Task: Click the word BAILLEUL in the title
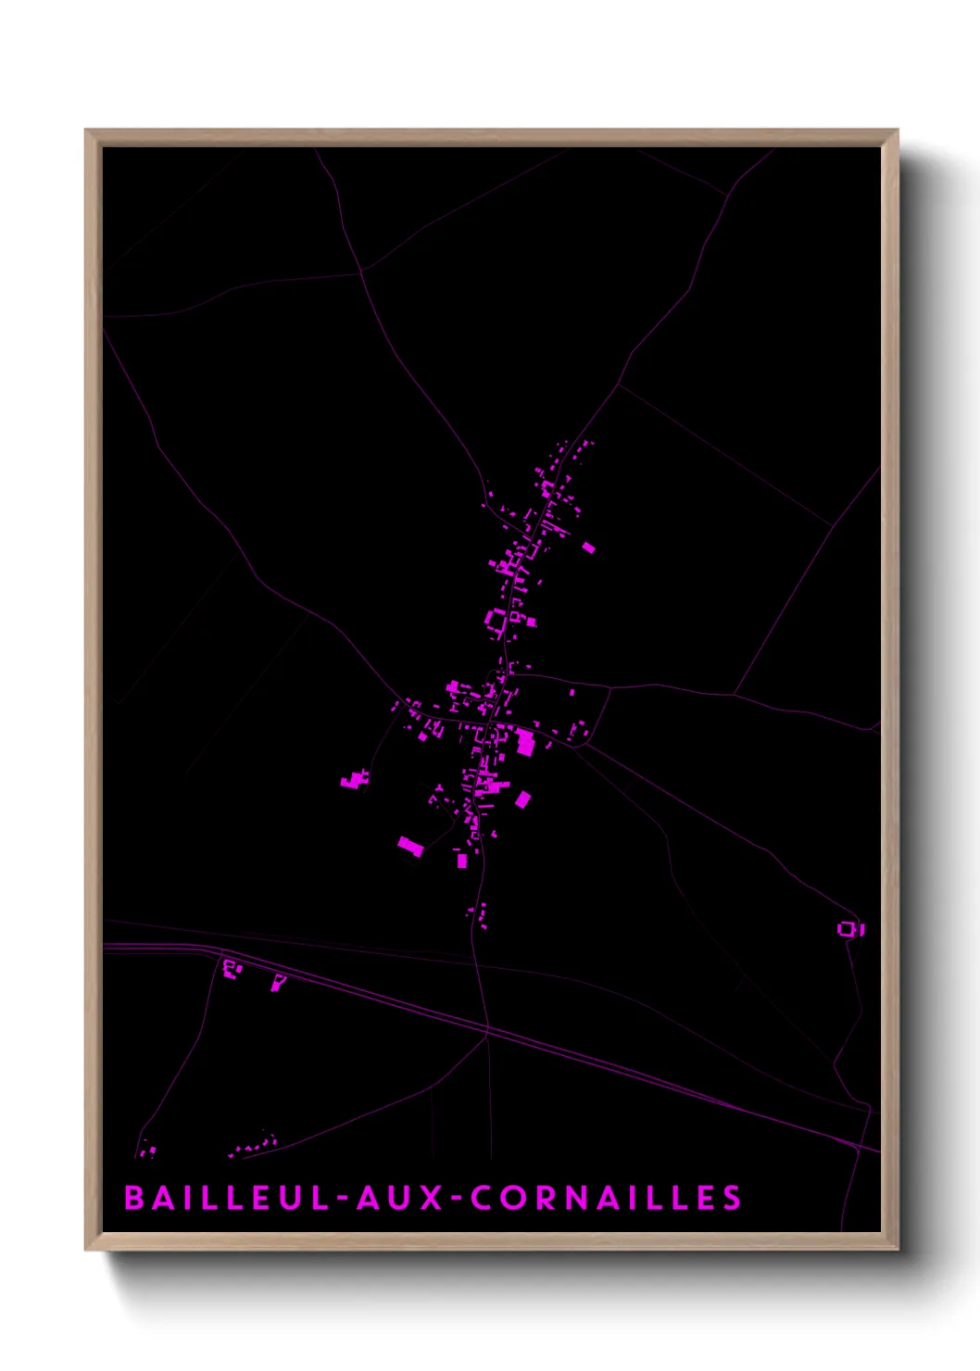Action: (x=227, y=1198)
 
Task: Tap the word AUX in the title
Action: (x=400, y=1198)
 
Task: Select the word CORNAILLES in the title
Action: (x=606, y=1198)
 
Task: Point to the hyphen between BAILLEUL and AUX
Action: (x=343, y=1200)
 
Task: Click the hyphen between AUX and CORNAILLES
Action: (x=458, y=1200)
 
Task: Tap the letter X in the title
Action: (x=433, y=1198)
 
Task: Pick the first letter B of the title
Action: (x=134, y=1198)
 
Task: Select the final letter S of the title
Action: (x=733, y=1198)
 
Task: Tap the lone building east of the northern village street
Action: (x=588, y=547)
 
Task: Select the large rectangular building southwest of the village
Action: (x=410, y=846)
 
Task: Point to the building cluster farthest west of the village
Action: (x=353, y=781)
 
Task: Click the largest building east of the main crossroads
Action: (x=525, y=742)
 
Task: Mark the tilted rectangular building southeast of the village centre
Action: (x=523, y=799)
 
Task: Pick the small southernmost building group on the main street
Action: (x=480, y=914)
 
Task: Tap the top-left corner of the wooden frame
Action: (x=87, y=132)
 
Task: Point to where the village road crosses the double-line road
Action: (x=485, y=1028)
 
